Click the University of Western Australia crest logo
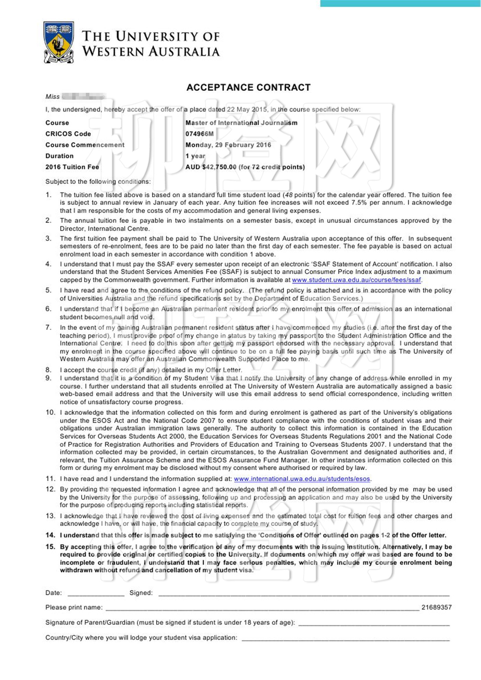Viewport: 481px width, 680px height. coord(59,42)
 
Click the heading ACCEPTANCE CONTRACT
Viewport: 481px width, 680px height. coord(248,87)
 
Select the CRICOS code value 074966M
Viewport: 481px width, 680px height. coord(199,134)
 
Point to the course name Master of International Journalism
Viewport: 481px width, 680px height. coord(241,123)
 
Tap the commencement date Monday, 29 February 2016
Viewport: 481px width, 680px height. coord(228,145)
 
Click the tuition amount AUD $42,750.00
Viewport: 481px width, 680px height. coord(211,167)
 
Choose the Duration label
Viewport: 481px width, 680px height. coord(59,156)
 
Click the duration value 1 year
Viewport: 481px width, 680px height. coord(195,156)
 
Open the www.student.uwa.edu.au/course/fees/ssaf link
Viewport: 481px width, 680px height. coord(356,280)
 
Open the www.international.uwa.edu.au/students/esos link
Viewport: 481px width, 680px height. coord(302,479)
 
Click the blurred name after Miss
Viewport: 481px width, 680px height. coord(84,97)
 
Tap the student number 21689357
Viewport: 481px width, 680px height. coord(436,607)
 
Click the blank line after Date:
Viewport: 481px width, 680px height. coord(96,593)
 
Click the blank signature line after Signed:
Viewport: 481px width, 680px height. coord(304,593)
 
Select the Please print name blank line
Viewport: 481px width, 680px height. coord(262,608)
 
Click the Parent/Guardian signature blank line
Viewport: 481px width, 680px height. coord(374,623)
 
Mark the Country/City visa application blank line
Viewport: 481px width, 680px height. coord(346,638)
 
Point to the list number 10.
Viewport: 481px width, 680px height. coord(51,412)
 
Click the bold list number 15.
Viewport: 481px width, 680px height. coord(51,547)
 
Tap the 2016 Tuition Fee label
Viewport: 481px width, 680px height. coord(72,167)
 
